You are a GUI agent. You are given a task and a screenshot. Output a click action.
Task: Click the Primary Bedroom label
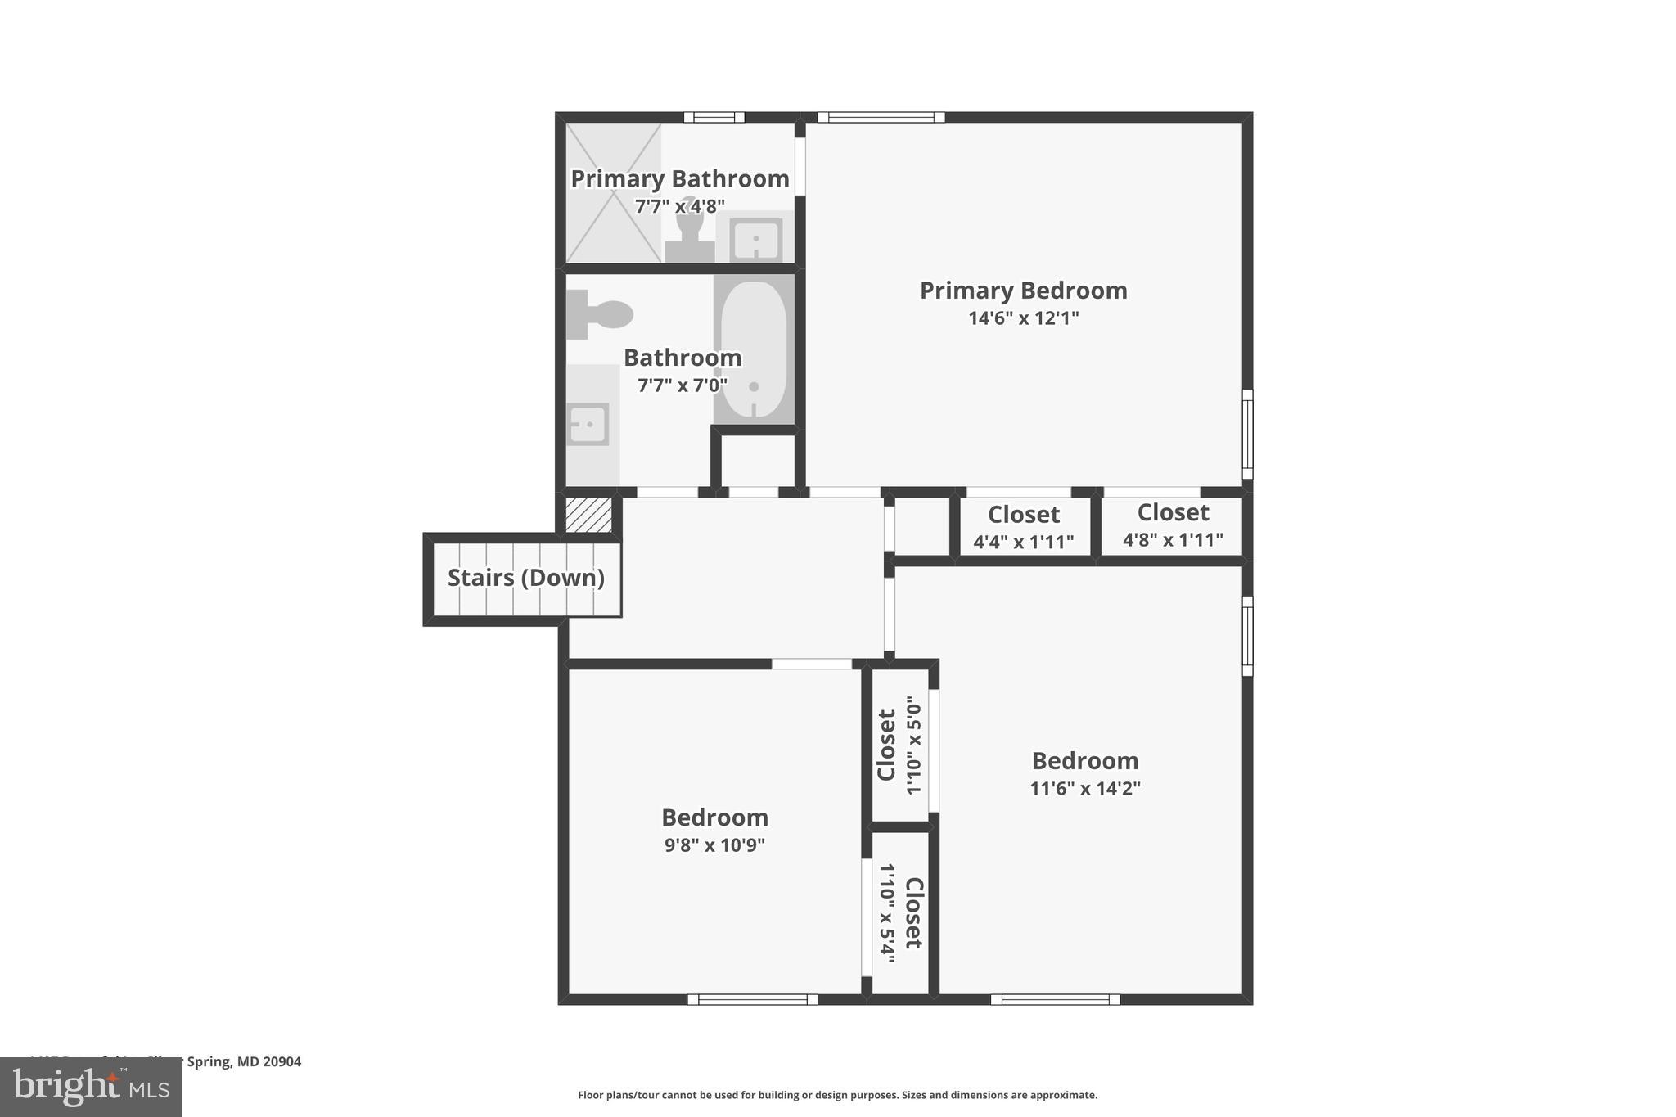pos(1023,291)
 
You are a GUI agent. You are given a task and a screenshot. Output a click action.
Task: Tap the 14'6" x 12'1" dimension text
pos(1023,318)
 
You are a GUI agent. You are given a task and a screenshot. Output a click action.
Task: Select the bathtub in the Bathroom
pos(754,349)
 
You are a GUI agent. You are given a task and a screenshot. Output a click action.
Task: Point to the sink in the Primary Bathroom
pos(755,240)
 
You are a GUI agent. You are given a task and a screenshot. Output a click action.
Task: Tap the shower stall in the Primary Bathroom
pos(613,193)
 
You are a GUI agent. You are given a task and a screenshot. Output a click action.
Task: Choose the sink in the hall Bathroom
pos(588,424)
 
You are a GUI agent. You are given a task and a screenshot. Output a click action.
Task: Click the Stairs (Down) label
pos(525,578)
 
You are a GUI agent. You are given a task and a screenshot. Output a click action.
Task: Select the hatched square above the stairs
pos(589,515)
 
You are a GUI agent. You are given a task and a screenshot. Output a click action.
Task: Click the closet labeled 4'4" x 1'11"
pos(1023,527)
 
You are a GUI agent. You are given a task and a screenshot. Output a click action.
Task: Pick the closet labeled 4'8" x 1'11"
pos(1172,525)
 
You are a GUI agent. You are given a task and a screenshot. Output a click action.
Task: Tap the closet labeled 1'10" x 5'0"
pos(899,745)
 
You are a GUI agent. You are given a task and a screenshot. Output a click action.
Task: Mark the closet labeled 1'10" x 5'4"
pos(900,913)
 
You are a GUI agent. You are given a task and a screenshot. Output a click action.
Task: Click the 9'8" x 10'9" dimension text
pos(714,845)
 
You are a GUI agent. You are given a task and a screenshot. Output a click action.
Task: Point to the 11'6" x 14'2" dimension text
pos(1084,789)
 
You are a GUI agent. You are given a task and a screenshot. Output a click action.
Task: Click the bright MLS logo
pos(91,1087)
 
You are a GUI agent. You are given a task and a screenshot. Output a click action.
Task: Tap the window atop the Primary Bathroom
pos(714,117)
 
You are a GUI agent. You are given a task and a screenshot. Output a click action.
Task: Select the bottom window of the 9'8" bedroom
pos(752,999)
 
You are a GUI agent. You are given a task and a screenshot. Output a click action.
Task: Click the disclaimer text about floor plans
pos(837,1095)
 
